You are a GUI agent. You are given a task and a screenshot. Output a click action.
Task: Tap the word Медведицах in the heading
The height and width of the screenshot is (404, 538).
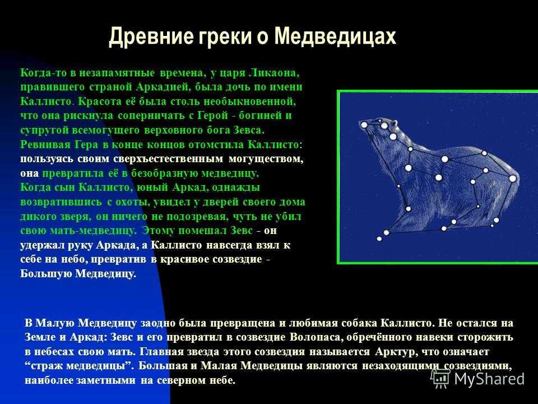[x=336, y=36]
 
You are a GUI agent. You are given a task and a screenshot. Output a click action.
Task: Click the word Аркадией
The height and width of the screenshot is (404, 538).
[x=163, y=87]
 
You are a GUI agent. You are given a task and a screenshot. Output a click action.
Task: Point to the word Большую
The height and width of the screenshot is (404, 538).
[x=46, y=274]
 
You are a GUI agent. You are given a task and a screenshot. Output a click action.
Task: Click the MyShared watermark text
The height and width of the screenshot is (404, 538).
[x=489, y=379]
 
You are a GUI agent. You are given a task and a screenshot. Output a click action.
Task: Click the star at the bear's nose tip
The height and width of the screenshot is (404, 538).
[x=364, y=125]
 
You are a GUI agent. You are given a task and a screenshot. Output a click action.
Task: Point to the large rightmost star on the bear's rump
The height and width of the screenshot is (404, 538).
[x=513, y=178]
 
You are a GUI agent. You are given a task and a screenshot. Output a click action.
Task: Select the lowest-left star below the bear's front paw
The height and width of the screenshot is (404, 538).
[x=379, y=239]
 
